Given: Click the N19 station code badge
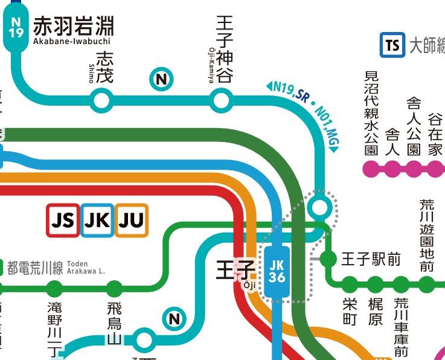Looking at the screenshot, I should [x=16, y=26].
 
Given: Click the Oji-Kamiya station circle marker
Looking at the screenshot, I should [x=220, y=100].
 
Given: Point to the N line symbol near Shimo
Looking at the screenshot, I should [x=161, y=79].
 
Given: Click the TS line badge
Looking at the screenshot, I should [x=392, y=45].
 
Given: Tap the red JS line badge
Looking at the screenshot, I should [x=63, y=220].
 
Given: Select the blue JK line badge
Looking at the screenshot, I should [x=97, y=220].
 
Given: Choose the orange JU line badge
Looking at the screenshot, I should [x=131, y=220].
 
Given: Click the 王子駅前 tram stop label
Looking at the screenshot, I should [x=371, y=260].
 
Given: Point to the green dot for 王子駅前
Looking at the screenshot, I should [x=327, y=259].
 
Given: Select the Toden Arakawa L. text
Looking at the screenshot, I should [x=86, y=268].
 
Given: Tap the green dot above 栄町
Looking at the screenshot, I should [x=350, y=284].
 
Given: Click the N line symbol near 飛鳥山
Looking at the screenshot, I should [x=174, y=318].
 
